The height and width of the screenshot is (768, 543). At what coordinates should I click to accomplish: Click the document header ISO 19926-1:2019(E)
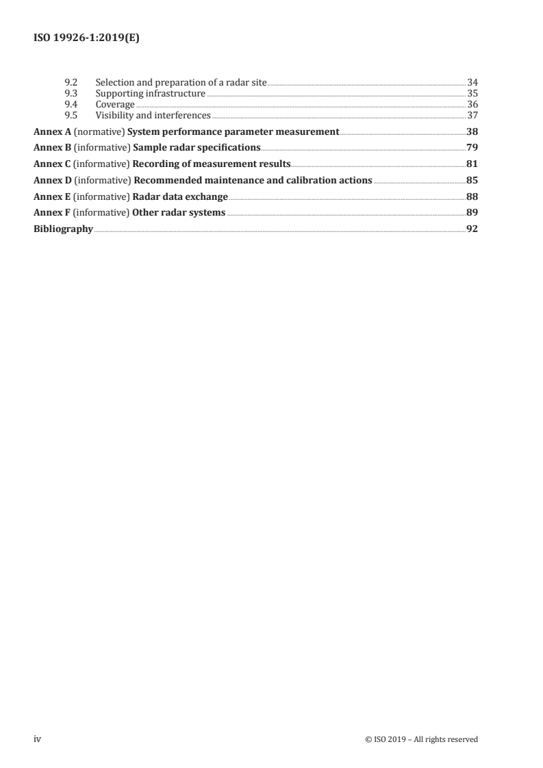pos(87,39)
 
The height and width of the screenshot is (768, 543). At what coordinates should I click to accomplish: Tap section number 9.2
pos(70,82)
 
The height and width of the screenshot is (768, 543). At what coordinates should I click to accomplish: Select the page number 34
pos(472,82)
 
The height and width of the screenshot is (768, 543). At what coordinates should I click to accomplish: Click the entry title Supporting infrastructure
pos(150,93)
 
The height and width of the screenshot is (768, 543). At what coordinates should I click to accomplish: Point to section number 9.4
pos(70,104)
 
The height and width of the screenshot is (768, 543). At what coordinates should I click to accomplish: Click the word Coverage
pos(115,104)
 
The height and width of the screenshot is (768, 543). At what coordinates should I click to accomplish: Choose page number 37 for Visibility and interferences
pos(472,115)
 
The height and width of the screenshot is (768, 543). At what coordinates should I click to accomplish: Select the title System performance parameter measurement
pos(233,131)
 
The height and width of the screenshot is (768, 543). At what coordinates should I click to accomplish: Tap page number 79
pos(472,147)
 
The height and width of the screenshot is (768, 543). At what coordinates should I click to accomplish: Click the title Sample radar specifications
pos(196,147)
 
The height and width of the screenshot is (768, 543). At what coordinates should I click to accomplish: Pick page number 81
pos(472,164)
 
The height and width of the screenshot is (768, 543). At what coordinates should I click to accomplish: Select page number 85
pos(472,181)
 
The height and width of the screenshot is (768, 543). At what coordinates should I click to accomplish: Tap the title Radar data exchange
pos(179,197)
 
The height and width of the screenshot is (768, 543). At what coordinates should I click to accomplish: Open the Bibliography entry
pos(63,229)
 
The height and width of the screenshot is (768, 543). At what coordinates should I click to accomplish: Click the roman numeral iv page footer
pos(38,739)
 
